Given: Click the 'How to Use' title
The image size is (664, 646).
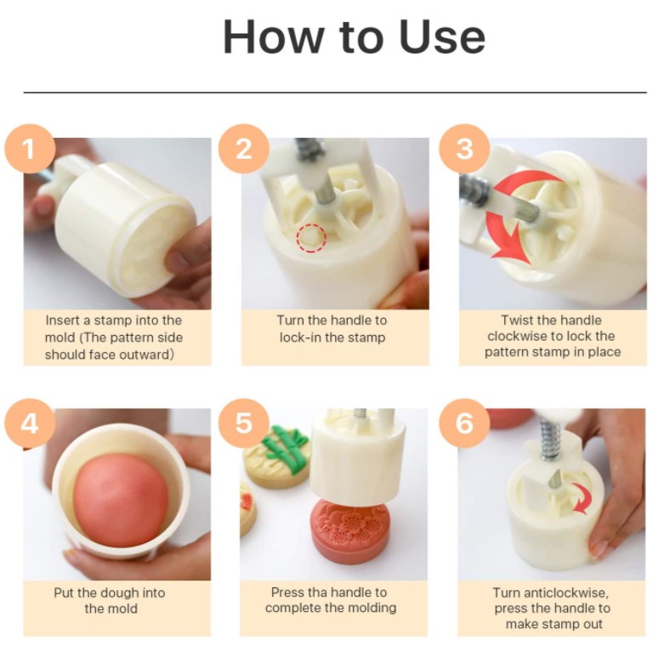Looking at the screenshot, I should coord(354,36).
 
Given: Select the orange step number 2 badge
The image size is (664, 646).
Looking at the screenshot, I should coord(244,149).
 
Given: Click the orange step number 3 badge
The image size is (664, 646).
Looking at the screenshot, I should coord(464,149).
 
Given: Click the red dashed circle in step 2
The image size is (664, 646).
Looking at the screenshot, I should coord(311,238).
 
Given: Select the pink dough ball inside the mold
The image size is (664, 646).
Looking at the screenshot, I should coord(120,500).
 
